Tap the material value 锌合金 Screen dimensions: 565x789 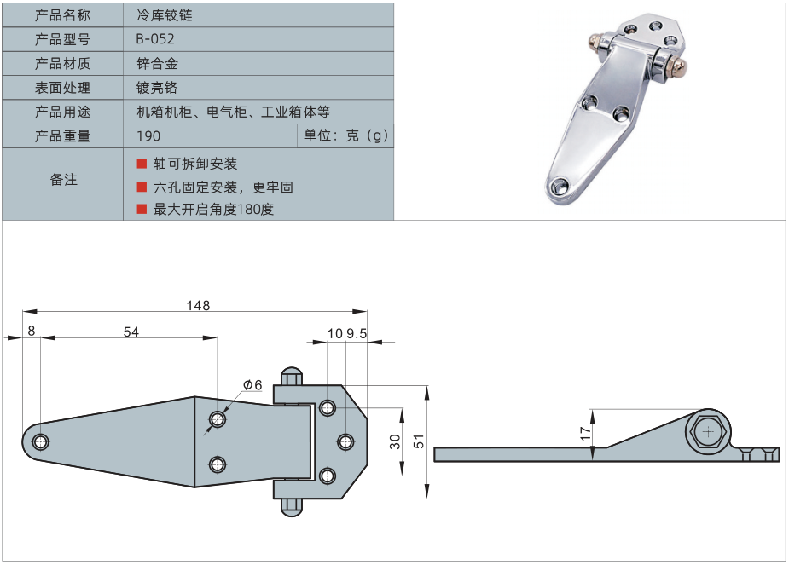[157, 63]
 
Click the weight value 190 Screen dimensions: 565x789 [148, 135]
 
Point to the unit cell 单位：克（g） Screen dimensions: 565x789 [346, 135]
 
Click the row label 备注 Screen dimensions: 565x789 [63, 180]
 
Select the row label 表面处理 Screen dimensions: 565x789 [63, 87]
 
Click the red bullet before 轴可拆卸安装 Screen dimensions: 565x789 [142, 163]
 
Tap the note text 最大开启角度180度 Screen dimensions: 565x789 [213, 209]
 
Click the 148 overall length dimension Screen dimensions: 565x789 [196, 304]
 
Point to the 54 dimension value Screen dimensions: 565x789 [131, 333]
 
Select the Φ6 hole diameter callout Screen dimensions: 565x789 [252, 385]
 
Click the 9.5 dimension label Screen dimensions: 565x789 [356, 334]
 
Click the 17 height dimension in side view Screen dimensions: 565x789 [585, 432]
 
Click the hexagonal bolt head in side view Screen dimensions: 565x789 [707, 432]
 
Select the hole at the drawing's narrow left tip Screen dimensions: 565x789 [40, 441]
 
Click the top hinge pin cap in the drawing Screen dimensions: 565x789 [291, 376]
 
